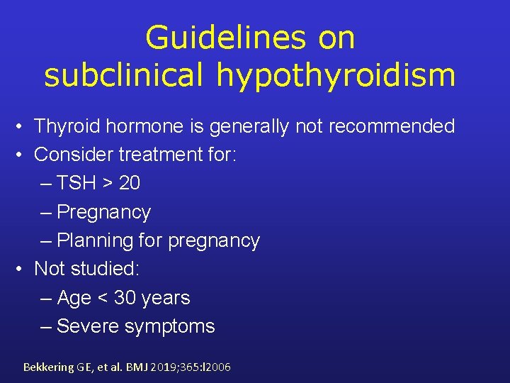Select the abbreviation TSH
(76, 184)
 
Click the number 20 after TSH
(130, 184)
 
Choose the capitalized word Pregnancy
(103, 212)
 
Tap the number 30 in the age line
(125, 298)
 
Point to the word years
(166, 298)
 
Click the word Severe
(88, 326)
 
